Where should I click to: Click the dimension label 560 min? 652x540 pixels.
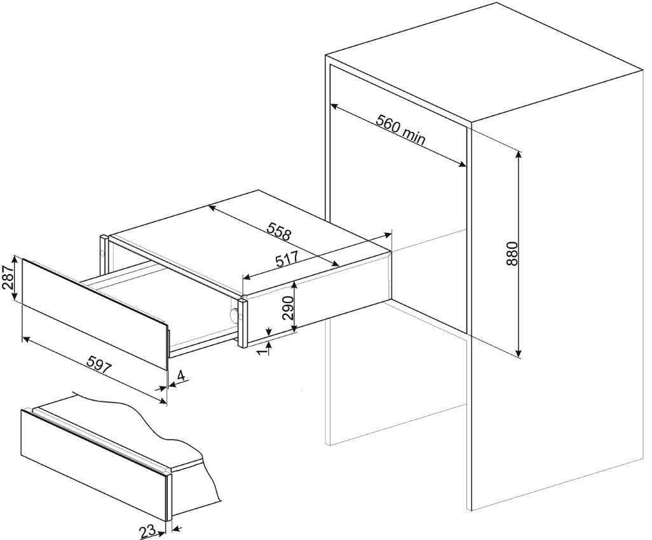(x=400, y=129)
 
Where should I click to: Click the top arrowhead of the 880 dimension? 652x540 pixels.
(x=518, y=154)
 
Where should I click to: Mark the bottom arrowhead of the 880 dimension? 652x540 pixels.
(x=518, y=353)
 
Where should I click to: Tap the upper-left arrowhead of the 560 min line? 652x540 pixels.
(x=334, y=107)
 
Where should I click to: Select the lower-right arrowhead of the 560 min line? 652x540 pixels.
(x=463, y=165)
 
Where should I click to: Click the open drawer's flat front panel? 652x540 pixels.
(x=95, y=314)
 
